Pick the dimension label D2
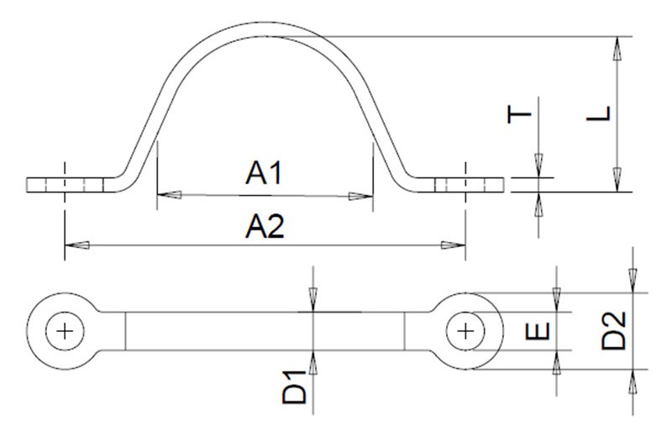617,329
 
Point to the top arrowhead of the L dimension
618,47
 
